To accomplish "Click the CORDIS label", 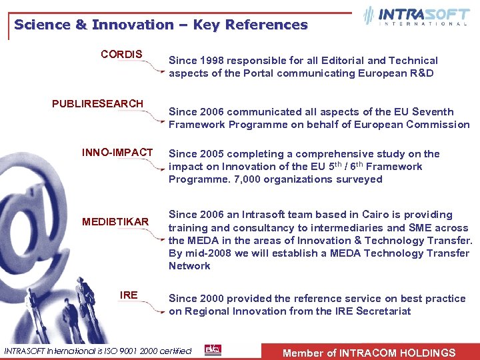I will click(121, 54).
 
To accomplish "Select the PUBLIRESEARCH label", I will click(97, 103).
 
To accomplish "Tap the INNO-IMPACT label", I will click(117, 153).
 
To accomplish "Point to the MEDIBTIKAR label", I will click(115, 221).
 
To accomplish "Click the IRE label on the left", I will click(129, 295).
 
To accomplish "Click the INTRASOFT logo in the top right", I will click(417, 16).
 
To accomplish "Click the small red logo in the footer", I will click(213, 350).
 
